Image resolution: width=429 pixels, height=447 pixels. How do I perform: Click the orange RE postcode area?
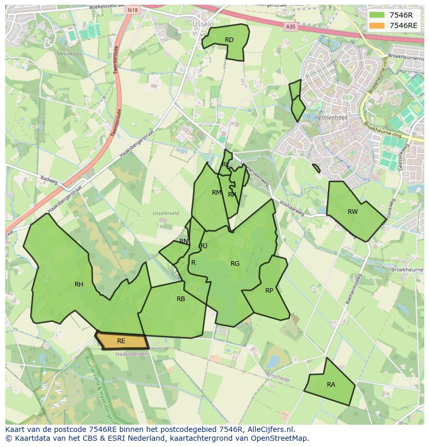(x=122, y=341)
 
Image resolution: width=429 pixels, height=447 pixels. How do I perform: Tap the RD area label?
(x=229, y=40)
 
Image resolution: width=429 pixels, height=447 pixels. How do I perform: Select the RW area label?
(x=352, y=211)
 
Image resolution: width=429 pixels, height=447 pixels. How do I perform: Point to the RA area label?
(x=331, y=385)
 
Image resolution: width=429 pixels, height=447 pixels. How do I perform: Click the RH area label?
(x=79, y=284)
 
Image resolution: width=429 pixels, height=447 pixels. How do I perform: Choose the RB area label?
(x=181, y=299)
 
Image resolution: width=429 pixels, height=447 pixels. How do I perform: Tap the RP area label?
(x=269, y=290)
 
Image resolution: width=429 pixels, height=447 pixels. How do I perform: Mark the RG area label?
(x=235, y=263)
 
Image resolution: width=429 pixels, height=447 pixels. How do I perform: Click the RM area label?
(x=217, y=193)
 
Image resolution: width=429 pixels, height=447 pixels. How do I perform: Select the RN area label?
(x=183, y=241)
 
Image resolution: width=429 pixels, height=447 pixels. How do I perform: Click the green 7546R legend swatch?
(x=377, y=15)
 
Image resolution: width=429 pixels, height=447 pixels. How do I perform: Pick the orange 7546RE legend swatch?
(x=377, y=25)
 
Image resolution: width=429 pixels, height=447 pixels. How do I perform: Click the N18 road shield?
(x=133, y=10)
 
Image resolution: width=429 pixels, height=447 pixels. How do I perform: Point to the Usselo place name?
(x=203, y=24)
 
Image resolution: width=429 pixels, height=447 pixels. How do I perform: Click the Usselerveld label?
(x=166, y=213)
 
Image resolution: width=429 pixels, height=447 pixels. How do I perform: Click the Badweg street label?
(x=49, y=180)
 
